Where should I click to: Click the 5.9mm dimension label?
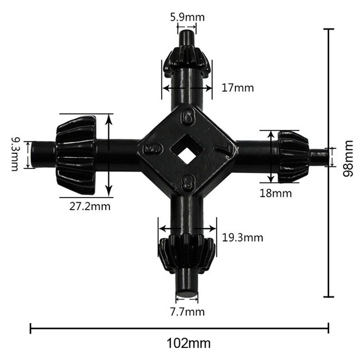click(187, 17)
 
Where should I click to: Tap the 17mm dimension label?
click(238, 88)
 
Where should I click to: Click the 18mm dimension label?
click(275, 193)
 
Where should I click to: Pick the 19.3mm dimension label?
click(243, 238)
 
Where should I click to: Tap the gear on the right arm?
click(293, 156)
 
